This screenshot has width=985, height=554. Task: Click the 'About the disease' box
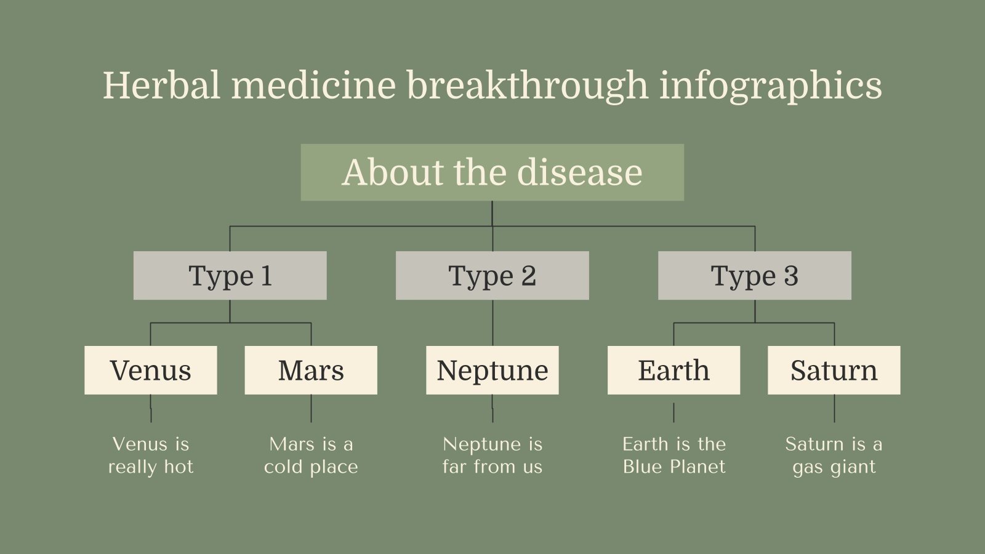pos(492,172)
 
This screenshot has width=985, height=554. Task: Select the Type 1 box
pos(230,276)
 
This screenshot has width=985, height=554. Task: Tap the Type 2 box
pos(492,276)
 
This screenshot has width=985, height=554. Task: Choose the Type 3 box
pos(754,276)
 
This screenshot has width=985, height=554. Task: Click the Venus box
pos(150,370)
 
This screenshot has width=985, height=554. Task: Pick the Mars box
pos(311,370)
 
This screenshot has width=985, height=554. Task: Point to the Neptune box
pos(492,370)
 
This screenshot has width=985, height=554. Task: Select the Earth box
pos(673,370)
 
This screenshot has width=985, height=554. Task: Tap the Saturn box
pos(834,370)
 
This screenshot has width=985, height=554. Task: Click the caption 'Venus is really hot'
pos(150,456)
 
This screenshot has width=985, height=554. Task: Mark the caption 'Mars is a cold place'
pos(311,456)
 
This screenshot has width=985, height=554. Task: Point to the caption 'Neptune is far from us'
pos(492,456)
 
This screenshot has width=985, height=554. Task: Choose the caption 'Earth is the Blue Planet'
pos(673,456)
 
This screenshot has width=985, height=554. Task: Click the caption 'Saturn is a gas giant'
pos(834,456)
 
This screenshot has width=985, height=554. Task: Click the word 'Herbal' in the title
pos(161,85)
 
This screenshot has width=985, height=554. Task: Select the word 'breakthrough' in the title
pos(527,85)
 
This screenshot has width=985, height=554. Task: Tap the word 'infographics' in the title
pos(770,86)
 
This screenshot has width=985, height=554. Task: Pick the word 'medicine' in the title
pos(313,85)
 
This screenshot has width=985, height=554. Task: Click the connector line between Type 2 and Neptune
pos(492,323)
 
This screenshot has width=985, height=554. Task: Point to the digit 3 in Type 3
pos(791,276)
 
